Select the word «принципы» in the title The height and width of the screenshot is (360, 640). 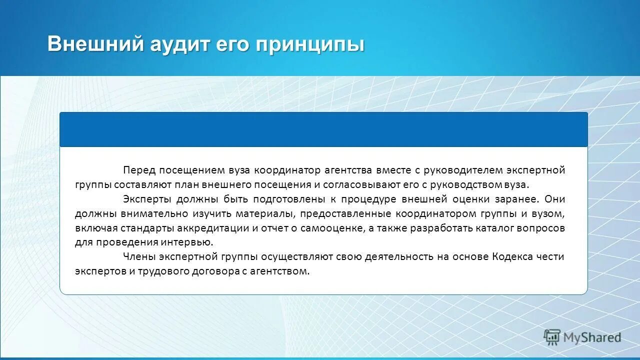(x=310, y=44)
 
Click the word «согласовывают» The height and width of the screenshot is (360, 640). (x=360, y=184)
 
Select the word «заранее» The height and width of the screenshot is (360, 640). (x=519, y=199)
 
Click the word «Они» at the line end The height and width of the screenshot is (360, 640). (x=555, y=199)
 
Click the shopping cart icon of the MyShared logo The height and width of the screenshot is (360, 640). (x=552, y=337)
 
